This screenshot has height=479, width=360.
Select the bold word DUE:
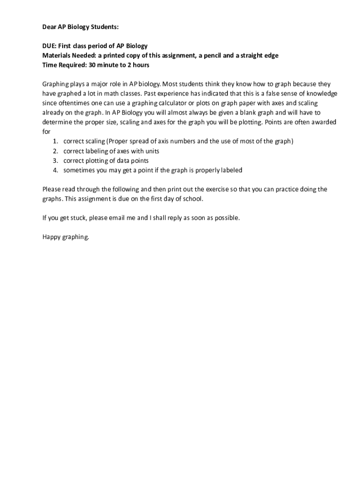(x=50, y=46)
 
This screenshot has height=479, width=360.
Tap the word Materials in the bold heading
(x=57, y=56)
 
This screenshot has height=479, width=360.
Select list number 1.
(x=55, y=141)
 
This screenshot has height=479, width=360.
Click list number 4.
(x=55, y=170)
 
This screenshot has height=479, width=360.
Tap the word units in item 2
(x=152, y=151)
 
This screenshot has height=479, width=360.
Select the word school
(x=193, y=199)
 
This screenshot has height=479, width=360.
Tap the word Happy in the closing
(x=52, y=237)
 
